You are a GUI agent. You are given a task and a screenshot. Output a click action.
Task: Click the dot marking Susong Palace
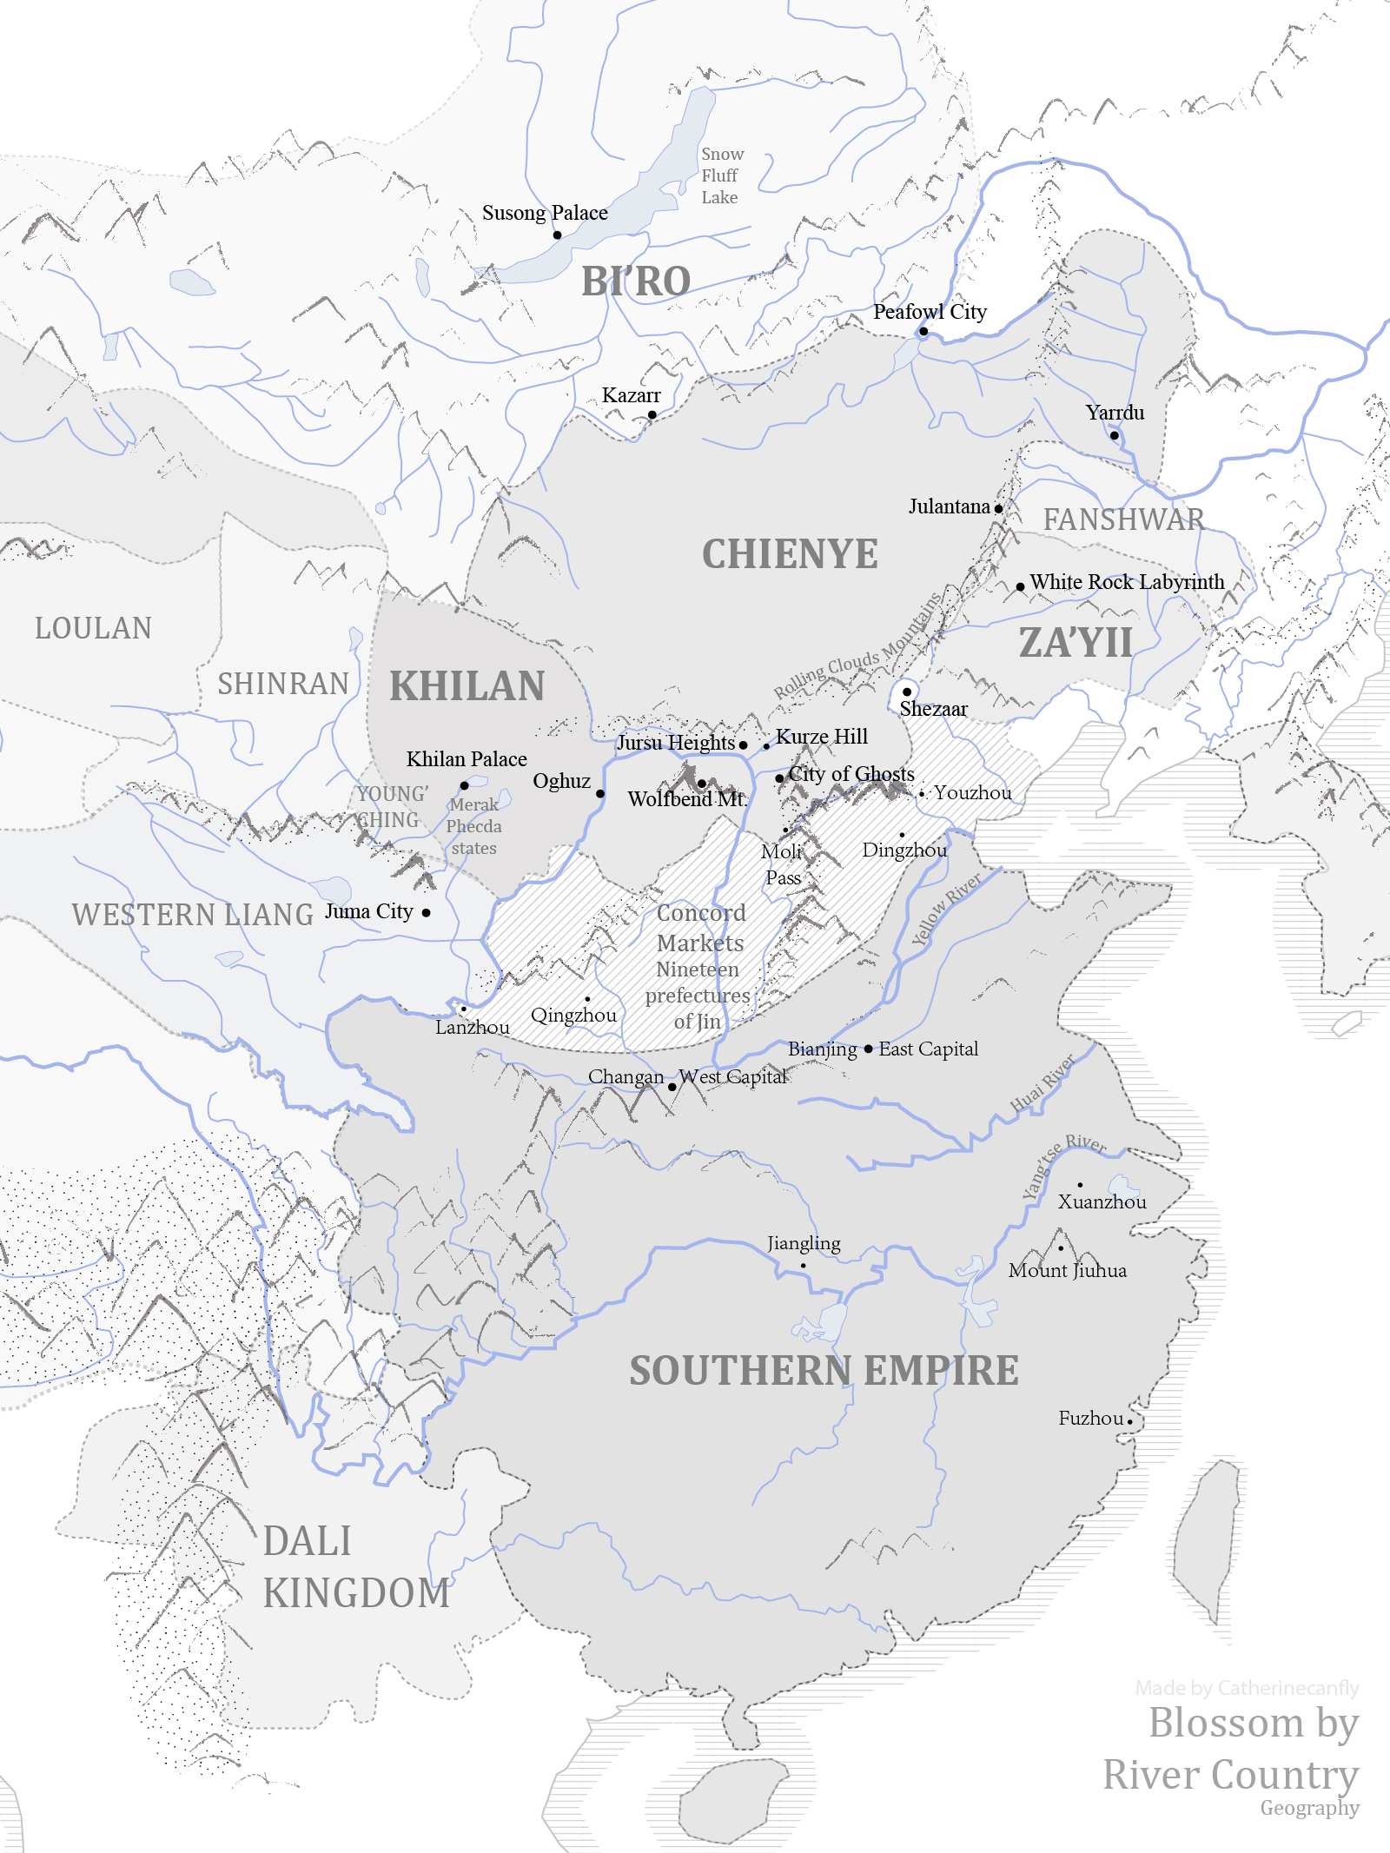click(x=557, y=235)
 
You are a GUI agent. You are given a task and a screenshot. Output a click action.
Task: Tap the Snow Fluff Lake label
click(x=721, y=175)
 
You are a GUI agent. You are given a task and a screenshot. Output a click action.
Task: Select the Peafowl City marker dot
click(x=923, y=332)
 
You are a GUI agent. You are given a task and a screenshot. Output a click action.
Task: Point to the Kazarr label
click(x=631, y=395)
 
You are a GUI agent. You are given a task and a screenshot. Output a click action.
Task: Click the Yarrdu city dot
click(x=1115, y=435)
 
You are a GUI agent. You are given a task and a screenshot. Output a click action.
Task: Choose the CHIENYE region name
click(x=789, y=554)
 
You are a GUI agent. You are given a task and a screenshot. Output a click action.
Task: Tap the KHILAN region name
click(x=467, y=686)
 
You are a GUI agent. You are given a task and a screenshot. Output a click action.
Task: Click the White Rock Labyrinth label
click(x=1127, y=582)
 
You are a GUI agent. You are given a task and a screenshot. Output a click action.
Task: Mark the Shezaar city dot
click(x=907, y=692)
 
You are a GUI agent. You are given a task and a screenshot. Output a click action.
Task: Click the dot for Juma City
click(x=426, y=913)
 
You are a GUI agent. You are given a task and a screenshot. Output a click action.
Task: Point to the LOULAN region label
click(x=93, y=628)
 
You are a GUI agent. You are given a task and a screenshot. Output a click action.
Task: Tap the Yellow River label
click(x=946, y=909)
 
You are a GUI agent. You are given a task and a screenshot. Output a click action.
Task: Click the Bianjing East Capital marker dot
click(x=868, y=1049)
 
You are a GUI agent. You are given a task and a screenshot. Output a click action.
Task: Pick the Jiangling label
click(x=804, y=1243)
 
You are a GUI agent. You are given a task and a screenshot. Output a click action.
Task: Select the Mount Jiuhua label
click(x=1067, y=1270)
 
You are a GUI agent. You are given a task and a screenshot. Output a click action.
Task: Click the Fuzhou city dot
click(x=1129, y=1422)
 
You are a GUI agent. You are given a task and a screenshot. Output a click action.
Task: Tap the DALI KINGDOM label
click(x=355, y=1567)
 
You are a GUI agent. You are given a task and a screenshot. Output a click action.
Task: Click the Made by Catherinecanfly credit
click(x=1247, y=1688)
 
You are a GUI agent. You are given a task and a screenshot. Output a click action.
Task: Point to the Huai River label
click(x=1042, y=1084)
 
